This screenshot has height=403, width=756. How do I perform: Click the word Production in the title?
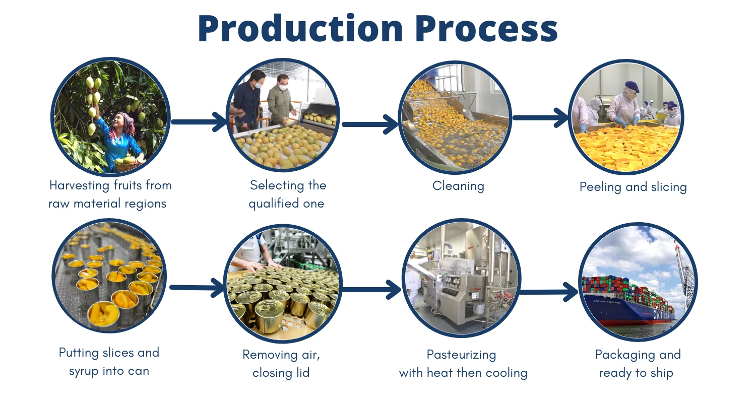300,29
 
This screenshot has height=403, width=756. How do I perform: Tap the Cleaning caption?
458,186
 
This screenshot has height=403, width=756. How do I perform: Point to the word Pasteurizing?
461,355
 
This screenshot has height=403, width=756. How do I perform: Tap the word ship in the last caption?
661,373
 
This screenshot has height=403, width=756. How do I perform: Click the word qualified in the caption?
286,204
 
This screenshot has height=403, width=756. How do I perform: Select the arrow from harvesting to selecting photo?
199,121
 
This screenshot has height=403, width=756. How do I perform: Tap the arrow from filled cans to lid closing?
198,288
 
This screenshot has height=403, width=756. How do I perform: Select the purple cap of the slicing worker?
632,87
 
